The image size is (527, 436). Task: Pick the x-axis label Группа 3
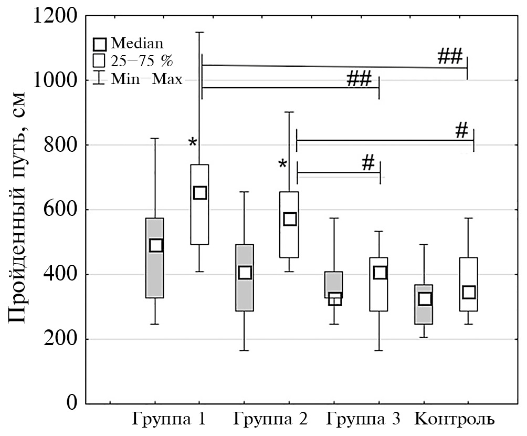tap(363, 420)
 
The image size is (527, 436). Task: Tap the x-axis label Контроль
tap(455, 420)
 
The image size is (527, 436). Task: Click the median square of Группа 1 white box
tap(200, 193)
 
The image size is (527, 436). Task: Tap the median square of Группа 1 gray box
tap(156, 245)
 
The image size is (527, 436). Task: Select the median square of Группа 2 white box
tap(290, 219)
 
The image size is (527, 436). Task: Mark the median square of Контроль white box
tap(469, 292)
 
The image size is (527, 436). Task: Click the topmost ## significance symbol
tap(449, 56)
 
